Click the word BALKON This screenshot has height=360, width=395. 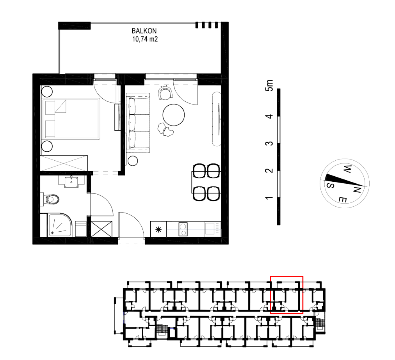tap(144, 31)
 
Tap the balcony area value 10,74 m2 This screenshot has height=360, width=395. tap(145, 39)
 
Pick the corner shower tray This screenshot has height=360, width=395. tap(60, 225)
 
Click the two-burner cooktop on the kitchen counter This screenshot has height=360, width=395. tap(183, 229)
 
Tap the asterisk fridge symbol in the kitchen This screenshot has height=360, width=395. tap(158, 229)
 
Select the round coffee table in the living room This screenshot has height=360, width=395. tap(174, 115)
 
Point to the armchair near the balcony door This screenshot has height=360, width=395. tap(165, 93)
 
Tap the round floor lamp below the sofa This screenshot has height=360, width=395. tap(132, 161)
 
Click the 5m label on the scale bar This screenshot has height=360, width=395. tap(269, 85)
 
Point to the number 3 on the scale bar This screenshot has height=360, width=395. tap(269, 144)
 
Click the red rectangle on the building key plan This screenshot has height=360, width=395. tap(286, 276)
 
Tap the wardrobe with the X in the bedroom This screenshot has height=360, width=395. tap(64, 163)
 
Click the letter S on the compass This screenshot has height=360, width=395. tap(331, 186)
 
